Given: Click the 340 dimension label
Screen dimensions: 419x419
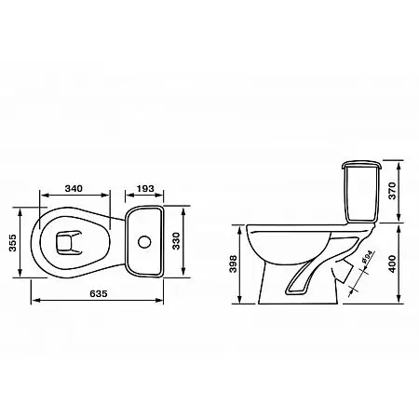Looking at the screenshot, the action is [74, 188].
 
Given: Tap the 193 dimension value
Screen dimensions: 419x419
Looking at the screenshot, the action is [145, 188].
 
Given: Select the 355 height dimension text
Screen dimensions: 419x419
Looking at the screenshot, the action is [12, 243].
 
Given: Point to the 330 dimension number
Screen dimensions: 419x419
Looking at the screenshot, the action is [176, 241].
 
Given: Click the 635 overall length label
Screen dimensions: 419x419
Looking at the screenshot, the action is [99, 293].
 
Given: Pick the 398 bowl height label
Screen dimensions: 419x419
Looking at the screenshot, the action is [233, 264].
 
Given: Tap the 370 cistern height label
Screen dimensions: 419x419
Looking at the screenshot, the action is [393, 191].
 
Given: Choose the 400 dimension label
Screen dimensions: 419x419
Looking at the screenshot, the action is [393, 264].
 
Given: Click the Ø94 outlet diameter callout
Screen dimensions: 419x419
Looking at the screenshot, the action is [368, 257].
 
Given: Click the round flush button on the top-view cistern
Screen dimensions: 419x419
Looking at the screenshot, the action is [144, 242].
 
